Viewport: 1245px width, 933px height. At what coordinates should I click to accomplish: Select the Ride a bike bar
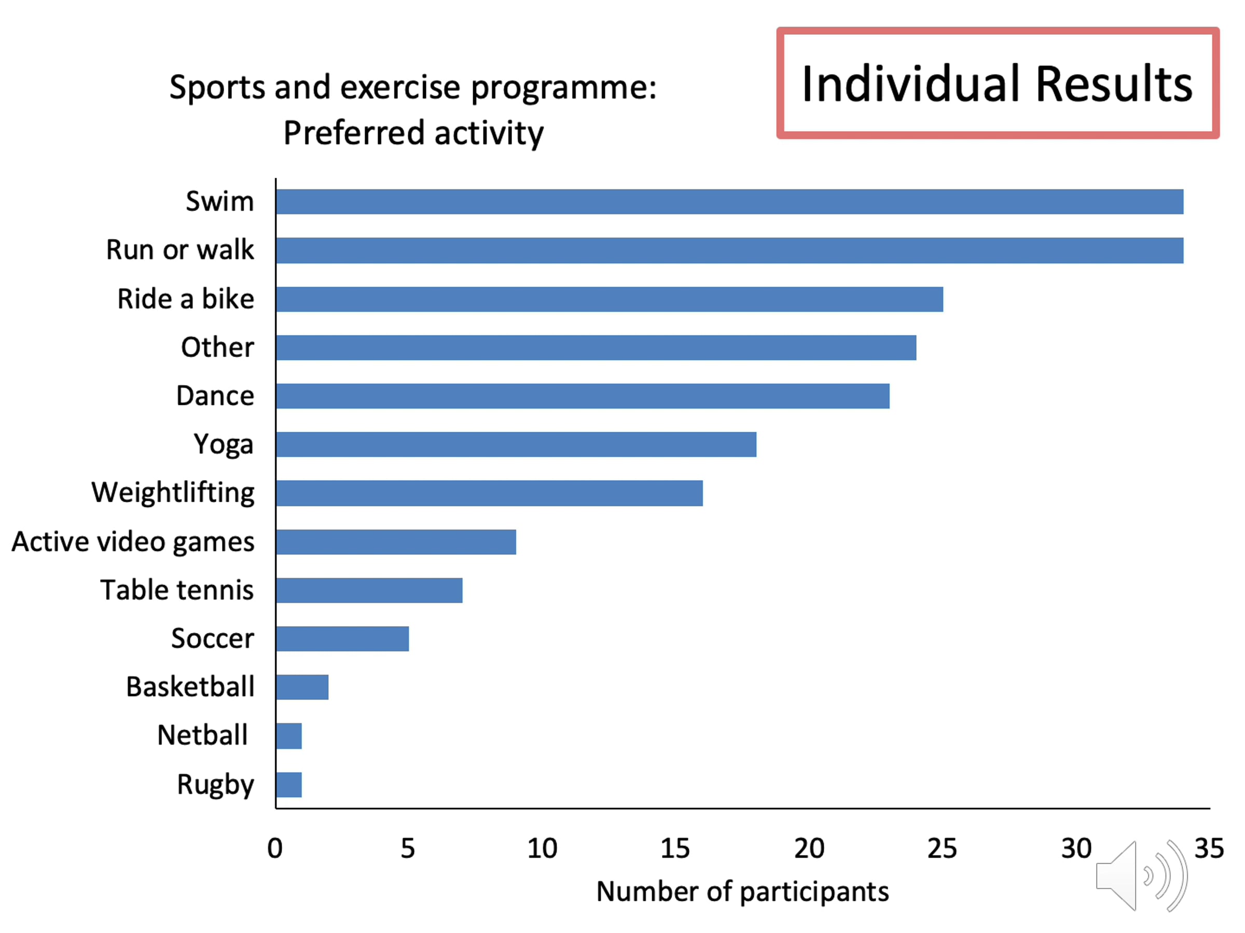click(609, 299)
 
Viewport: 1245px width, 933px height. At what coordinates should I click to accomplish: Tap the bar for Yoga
click(516, 444)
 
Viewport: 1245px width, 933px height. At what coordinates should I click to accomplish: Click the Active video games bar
click(396, 542)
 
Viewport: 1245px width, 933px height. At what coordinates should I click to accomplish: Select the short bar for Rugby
click(289, 785)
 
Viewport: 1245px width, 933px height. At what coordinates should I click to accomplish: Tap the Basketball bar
click(302, 687)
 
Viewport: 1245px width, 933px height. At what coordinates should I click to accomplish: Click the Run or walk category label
click(179, 250)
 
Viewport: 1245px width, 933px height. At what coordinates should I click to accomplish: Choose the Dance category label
click(215, 396)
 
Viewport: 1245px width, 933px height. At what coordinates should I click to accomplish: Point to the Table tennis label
click(177, 590)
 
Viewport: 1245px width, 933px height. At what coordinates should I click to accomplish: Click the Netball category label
click(202, 735)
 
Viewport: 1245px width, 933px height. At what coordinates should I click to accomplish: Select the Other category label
click(217, 347)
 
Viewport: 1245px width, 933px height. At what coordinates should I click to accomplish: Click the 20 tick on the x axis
click(809, 848)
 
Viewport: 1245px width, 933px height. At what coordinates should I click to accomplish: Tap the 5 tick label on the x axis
click(408, 848)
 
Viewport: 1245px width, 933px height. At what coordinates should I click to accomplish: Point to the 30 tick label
click(1075, 848)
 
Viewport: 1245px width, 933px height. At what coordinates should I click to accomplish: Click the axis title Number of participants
click(742, 892)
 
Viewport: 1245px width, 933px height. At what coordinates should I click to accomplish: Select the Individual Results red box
click(997, 83)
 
